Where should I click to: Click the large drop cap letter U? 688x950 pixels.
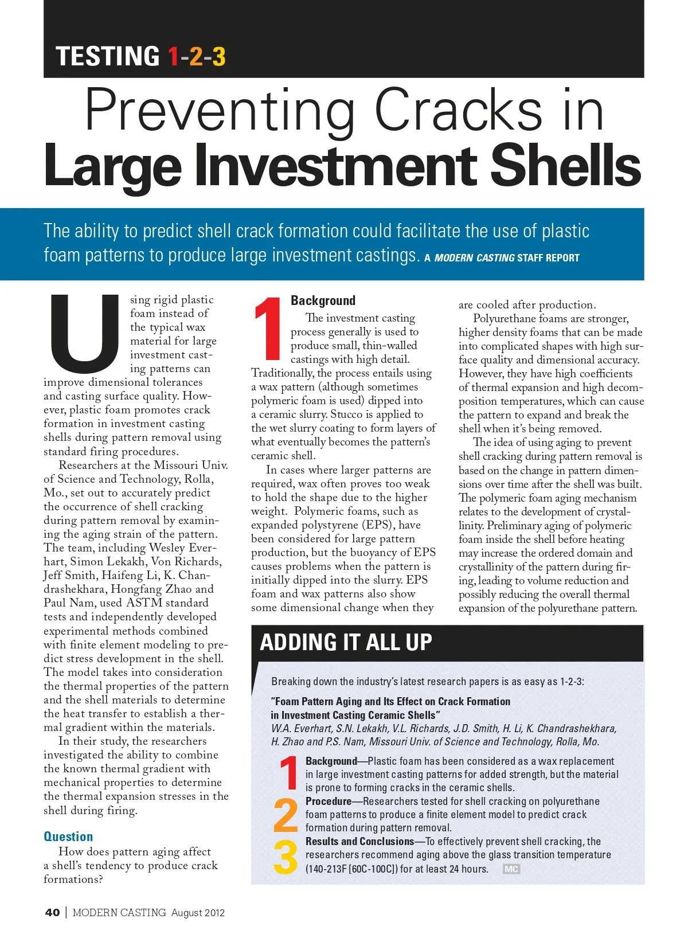tap(85, 333)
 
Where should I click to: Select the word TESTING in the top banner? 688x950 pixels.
tap(108, 57)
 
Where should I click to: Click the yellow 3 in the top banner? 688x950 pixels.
tap(218, 57)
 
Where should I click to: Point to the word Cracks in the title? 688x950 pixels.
tap(458, 110)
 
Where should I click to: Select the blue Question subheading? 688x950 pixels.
tap(68, 836)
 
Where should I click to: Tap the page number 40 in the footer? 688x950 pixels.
tap(52, 913)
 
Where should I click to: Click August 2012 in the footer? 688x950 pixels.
tap(198, 913)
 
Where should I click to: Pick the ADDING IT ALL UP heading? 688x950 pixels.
tap(346, 642)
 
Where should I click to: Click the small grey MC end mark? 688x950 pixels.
tap(511, 869)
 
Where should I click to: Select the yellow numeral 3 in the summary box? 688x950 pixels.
tap(286, 857)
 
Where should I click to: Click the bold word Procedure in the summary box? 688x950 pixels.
tap(329, 801)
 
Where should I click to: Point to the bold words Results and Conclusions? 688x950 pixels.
tap(359, 841)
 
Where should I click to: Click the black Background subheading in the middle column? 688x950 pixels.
tap(323, 300)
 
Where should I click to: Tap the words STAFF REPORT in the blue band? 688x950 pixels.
tap(548, 258)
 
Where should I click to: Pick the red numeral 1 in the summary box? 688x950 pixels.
tap(288, 773)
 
